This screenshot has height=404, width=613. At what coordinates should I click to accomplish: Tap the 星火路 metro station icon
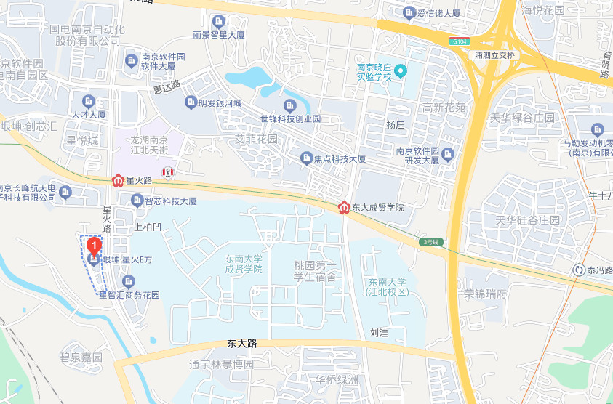pyautogui.click(x=118, y=179)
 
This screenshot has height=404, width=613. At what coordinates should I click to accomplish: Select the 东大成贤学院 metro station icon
pyautogui.click(x=344, y=208)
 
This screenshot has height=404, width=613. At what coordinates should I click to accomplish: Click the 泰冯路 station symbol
pyautogui.click(x=579, y=270)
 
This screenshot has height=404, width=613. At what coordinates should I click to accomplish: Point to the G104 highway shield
pyautogui.click(x=457, y=41)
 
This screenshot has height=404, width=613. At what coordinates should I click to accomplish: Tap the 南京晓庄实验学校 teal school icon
pyautogui.click(x=400, y=72)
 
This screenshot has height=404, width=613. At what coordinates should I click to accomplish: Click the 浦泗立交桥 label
pyautogui.click(x=494, y=55)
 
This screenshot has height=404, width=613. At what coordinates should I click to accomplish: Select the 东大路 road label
pyautogui.click(x=241, y=343)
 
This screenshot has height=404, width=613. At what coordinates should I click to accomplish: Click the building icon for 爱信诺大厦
pyautogui.click(x=409, y=12)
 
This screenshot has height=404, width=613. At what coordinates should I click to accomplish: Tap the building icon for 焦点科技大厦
pyautogui.click(x=307, y=158)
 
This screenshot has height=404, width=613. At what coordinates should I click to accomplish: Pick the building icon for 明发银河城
pyautogui.click(x=191, y=102)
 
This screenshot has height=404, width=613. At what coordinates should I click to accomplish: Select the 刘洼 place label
pyautogui.click(x=380, y=333)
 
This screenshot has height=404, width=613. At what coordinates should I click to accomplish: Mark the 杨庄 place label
pyautogui.click(x=395, y=124)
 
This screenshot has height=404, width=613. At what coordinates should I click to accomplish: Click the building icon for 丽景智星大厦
pyautogui.click(x=218, y=21)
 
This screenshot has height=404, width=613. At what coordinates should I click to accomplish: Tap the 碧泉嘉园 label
pyautogui.click(x=81, y=357)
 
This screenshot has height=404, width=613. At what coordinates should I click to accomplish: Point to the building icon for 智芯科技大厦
pyautogui.click(x=136, y=200)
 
